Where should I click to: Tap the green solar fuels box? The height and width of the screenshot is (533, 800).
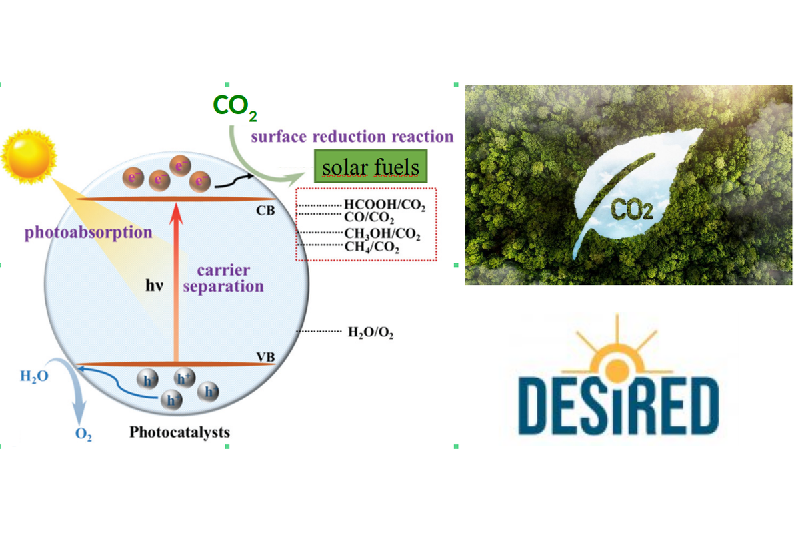[370, 167]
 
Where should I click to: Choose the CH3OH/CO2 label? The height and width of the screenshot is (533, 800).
[381, 233]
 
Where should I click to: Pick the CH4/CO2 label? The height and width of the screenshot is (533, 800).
[371, 247]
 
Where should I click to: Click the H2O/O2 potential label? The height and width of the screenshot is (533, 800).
[371, 332]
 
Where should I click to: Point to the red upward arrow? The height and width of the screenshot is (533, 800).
[177, 280]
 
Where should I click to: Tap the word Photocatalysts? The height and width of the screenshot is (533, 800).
[179, 432]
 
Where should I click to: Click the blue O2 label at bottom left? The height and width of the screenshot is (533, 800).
[83, 437]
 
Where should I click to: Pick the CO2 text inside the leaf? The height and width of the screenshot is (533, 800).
[631, 210]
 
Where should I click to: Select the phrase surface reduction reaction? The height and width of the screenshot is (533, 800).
[352, 137]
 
